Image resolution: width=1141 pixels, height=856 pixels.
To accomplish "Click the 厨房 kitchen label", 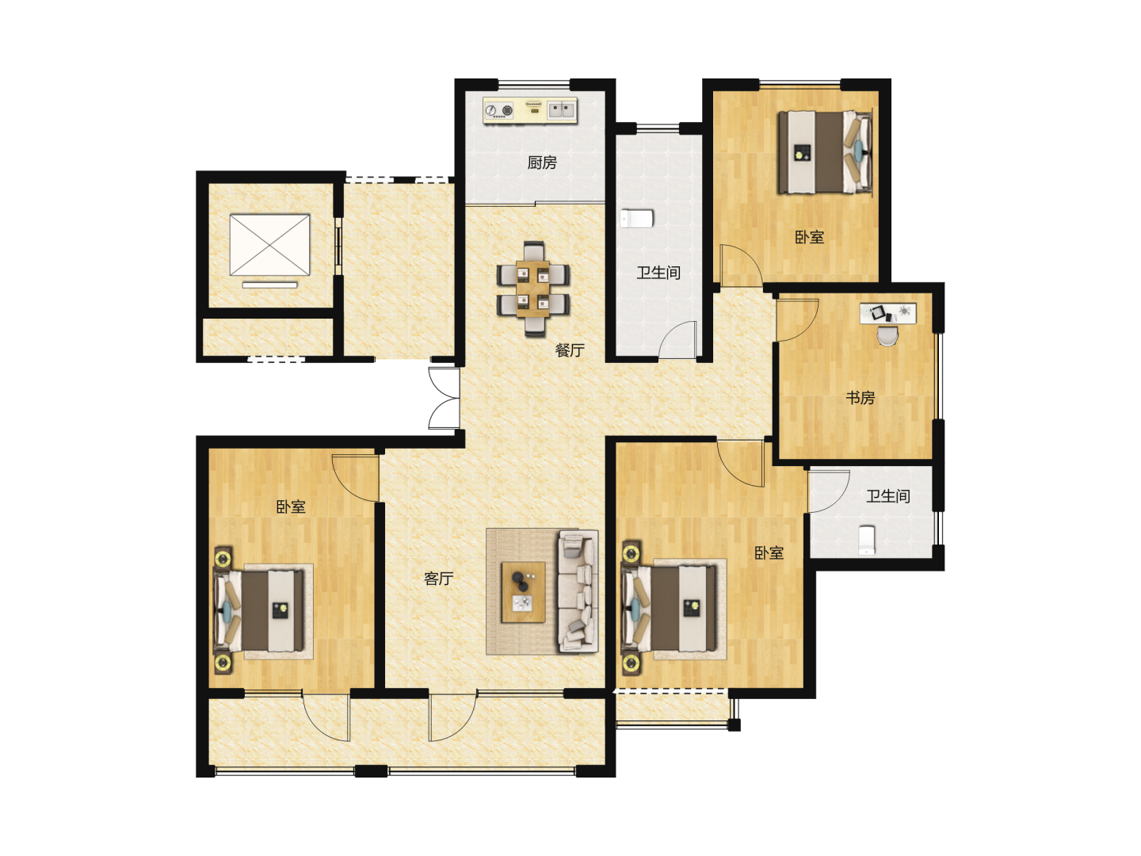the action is tap(542, 162).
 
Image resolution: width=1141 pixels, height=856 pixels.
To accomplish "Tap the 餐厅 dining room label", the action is tap(570, 350).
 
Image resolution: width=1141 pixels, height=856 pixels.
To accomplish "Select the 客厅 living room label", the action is tap(438, 578).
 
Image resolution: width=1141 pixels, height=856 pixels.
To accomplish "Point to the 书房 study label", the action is tap(861, 398).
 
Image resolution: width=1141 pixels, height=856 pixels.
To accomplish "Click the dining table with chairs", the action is tap(532, 289).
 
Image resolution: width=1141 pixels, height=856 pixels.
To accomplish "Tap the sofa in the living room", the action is tap(578, 591).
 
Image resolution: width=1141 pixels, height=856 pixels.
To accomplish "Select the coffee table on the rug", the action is tap(523, 591).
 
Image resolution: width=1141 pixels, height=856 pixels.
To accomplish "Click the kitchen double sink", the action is tap(562, 109).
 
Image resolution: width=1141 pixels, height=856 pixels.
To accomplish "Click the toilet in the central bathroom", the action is tap(636, 218).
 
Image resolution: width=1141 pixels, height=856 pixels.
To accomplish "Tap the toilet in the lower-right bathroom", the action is tap(867, 540).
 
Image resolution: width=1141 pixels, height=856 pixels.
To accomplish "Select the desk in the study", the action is tap(888, 313).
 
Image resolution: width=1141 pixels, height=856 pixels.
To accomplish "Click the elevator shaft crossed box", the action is tap(269, 244).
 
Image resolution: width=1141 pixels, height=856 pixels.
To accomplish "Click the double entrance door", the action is tap(445, 398).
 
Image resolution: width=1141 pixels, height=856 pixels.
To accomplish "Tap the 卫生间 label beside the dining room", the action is tap(658, 273).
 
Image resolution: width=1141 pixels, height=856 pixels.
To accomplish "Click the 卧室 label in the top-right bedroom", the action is tap(809, 237).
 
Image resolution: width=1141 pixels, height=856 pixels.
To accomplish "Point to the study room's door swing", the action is tap(797, 320).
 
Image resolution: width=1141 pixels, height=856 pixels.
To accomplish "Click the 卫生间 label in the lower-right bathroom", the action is tap(888, 496).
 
